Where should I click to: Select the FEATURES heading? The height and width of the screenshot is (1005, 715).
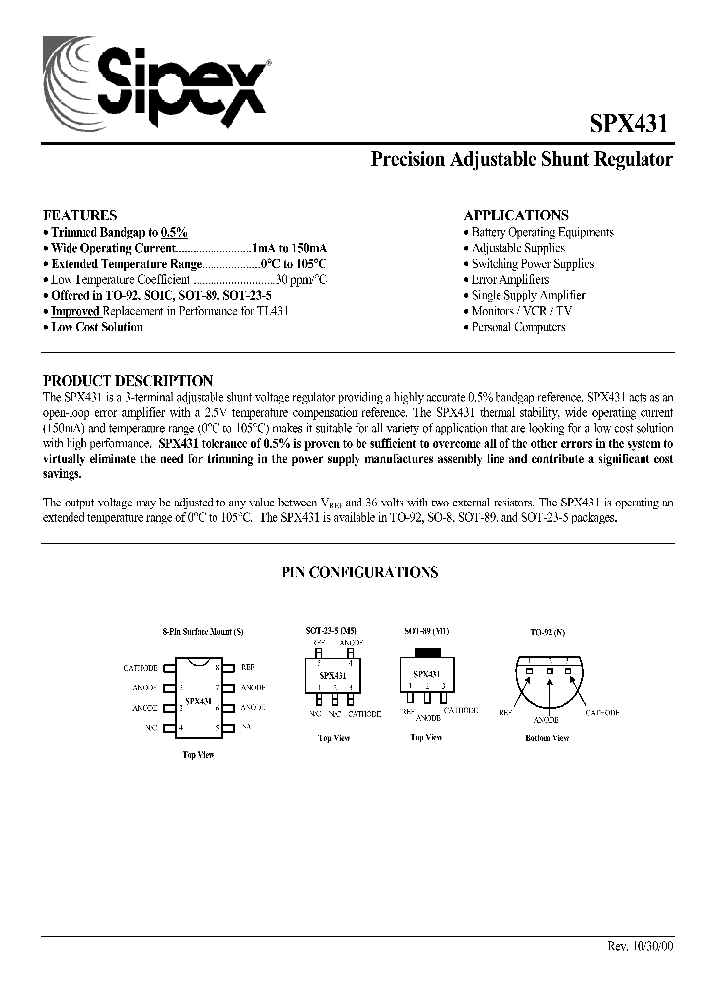point(79,215)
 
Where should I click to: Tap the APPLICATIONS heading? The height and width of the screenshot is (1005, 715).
point(516,215)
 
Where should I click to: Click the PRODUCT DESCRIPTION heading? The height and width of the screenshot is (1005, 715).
point(127,380)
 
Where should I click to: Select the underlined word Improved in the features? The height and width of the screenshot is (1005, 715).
point(76,311)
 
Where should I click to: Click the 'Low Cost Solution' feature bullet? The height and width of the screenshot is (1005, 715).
point(96,327)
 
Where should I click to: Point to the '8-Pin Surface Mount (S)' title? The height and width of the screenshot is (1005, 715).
point(203,633)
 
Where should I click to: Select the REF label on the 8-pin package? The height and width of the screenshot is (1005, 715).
point(247,668)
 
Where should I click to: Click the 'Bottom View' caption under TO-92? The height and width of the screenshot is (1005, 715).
point(547,738)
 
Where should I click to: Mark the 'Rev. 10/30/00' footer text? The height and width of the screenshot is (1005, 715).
point(640,946)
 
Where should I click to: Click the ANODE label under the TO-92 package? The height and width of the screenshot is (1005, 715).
point(546,718)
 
